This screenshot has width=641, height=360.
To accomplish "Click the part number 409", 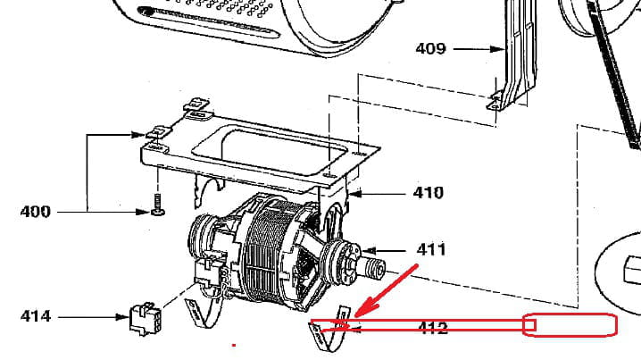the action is click(430, 49).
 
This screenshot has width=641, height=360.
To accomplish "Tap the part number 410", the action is click(428, 193).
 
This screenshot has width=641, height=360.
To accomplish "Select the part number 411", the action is click(431, 249).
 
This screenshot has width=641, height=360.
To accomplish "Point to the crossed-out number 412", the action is click(433, 328).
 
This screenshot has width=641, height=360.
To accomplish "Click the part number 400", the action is click(35, 212).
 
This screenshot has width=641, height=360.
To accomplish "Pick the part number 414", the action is click(36, 316).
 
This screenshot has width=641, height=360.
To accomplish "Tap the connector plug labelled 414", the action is click(146, 318).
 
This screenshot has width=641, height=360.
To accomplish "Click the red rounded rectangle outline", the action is click(570, 325).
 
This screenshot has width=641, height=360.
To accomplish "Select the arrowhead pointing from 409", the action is click(498, 49).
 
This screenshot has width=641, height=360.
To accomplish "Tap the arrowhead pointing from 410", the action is click(354, 194).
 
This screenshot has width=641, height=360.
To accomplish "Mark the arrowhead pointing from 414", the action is click(122, 317).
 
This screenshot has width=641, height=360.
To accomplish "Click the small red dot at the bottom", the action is click(234, 345).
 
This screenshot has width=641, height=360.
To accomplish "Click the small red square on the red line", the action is click(530, 325).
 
